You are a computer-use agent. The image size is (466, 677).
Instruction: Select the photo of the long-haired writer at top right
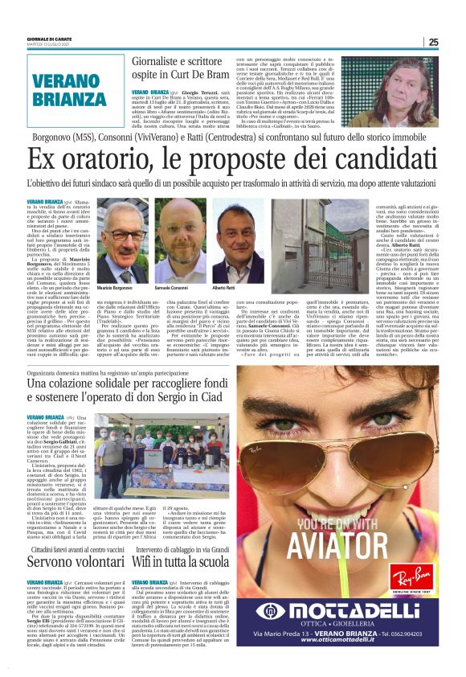387,91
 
